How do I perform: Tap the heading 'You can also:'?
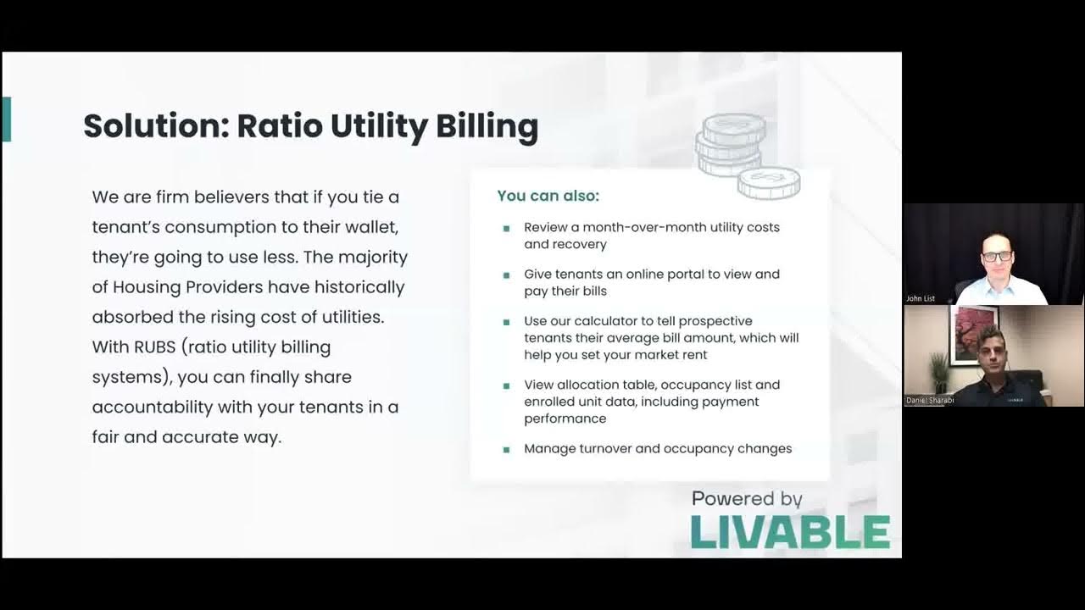tap(548, 196)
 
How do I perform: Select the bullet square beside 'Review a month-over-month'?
tap(506, 228)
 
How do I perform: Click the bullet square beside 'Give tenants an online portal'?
tap(506, 274)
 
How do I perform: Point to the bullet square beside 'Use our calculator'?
tap(506, 322)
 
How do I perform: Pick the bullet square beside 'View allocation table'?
tap(506, 385)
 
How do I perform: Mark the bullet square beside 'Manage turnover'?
tap(506, 449)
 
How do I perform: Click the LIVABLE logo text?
tap(790, 532)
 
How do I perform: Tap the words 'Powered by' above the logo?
tap(747, 498)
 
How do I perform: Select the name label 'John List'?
tap(920, 298)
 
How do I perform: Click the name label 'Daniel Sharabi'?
tap(929, 400)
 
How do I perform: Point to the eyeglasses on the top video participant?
tap(997, 256)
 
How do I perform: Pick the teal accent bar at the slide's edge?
tap(7, 119)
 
